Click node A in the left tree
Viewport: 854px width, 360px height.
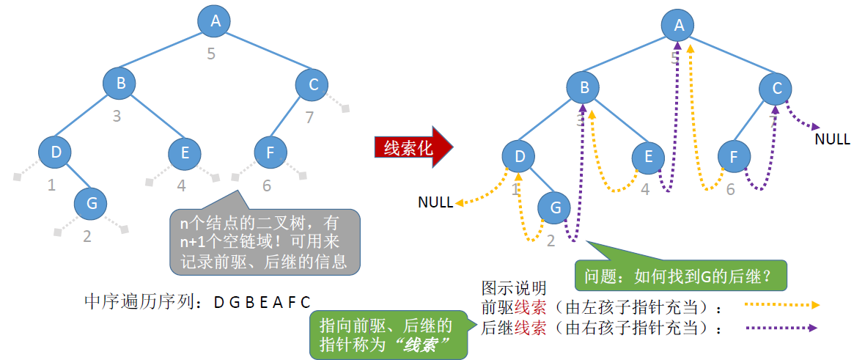pyautogui.click(x=215, y=21)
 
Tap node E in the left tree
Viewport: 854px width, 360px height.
pyautogui.click(x=185, y=153)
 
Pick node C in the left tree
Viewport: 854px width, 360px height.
pyautogui.click(x=313, y=84)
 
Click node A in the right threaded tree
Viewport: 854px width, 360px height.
pyautogui.click(x=679, y=26)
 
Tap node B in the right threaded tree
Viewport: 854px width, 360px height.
pyautogui.click(x=584, y=89)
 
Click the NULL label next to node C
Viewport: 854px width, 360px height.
pyautogui.click(x=832, y=139)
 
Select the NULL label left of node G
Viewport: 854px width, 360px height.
pyautogui.click(x=435, y=202)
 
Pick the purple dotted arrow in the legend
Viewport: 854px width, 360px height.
pyautogui.click(x=781, y=328)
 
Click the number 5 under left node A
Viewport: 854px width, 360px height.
pyautogui.click(x=211, y=53)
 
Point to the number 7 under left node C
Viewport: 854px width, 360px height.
pyautogui.click(x=309, y=117)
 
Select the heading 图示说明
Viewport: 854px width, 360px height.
pyautogui.click(x=514, y=287)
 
